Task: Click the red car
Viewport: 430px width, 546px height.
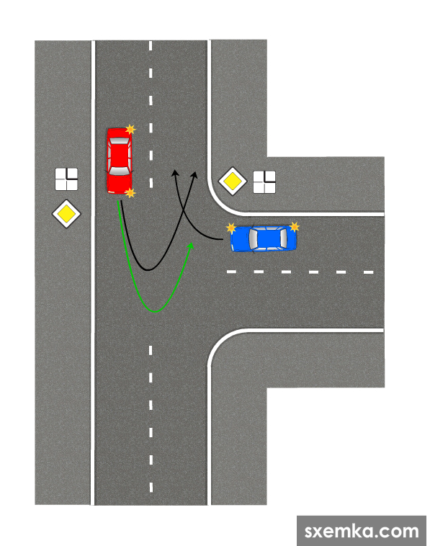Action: [120, 161]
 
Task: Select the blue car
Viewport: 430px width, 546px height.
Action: [264, 238]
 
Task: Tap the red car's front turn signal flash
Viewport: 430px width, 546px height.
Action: [130, 192]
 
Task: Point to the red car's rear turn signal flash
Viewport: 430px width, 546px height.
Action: [130, 130]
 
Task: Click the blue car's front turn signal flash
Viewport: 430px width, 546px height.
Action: [231, 228]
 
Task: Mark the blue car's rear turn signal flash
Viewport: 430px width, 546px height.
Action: [294, 227]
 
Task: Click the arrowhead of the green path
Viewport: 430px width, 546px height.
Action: [190, 246]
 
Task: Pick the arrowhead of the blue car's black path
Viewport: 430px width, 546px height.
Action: [175, 173]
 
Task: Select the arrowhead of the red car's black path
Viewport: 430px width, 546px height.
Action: [194, 175]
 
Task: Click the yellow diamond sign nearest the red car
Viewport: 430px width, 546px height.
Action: [66, 214]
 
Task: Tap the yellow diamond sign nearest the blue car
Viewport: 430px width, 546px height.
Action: [233, 181]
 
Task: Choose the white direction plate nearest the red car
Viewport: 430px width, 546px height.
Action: [66, 179]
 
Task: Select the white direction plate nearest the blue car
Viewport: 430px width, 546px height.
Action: [264, 182]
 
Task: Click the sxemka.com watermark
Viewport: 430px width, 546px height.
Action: [362, 532]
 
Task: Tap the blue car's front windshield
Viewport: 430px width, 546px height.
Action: [253, 238]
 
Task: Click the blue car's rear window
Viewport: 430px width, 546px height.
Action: [283, 238]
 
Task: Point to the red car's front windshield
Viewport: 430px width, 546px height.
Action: [120, 171]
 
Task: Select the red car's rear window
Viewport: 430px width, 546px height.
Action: [120, 141]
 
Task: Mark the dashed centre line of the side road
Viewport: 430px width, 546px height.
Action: [300, 272]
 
